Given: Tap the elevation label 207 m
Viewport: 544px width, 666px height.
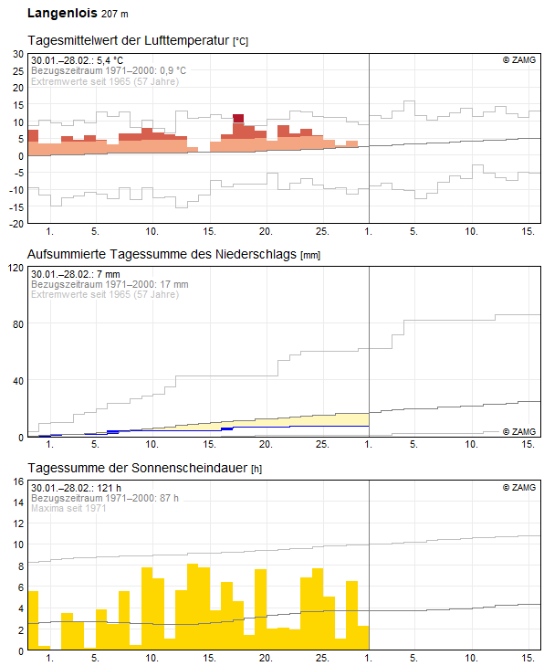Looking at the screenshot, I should click(x=114, y=15).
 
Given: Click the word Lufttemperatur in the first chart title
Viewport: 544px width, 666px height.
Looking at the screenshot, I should click(x=187, y=41).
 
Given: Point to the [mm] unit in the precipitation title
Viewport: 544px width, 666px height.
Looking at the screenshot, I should click(x=310, y=255).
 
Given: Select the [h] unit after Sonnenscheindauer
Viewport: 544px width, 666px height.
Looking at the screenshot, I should click(x=257, y=469).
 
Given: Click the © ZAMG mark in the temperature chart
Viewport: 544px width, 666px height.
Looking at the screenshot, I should click(x=520, y=60).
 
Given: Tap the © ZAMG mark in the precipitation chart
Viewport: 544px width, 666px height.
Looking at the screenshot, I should click(x=520, y=430).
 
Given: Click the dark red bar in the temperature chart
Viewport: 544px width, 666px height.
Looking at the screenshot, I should click(x=238, y=118).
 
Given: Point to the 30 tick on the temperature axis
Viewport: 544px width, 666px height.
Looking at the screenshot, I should click(x=16, y=54).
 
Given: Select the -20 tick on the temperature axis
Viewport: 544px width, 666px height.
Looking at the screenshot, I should click(x=15, y=224).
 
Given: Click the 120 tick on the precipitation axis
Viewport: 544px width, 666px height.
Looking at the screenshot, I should click(x=14, y=268).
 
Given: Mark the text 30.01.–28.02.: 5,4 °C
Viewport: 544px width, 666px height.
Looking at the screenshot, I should click(x=77, y=60).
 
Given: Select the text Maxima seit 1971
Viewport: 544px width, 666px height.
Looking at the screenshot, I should click(x=68, y=508).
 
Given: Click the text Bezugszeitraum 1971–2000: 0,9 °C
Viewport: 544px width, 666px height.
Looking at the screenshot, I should click(x=109, y=70).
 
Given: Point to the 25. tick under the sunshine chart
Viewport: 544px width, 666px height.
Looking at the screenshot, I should click(x=322, y=658).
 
